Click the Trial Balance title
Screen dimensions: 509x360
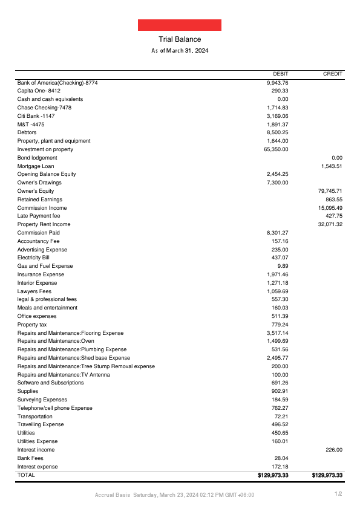tap(180, 39)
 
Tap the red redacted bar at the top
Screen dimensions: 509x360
tap(180, 25)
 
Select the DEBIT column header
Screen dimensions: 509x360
tap(280, 74)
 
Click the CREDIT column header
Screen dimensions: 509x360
tap(333, 74)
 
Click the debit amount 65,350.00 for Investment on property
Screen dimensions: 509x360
tap(276, 149)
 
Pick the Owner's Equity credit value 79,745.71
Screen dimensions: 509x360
tap(330, 191)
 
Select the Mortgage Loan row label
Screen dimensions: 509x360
tap(36, 166)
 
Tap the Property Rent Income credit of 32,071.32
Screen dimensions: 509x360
tap(330, 224)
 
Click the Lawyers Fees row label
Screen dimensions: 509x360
tap(34, 291)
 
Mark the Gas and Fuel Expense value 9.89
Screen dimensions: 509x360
tap(283, 266)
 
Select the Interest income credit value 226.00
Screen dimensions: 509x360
tap(334, 450)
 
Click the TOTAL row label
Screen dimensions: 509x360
tap(26, 475)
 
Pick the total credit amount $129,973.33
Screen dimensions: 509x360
tap(327, 476)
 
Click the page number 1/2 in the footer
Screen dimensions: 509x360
tap(339, 495)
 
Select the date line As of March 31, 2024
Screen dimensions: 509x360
tap(180, 51)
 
